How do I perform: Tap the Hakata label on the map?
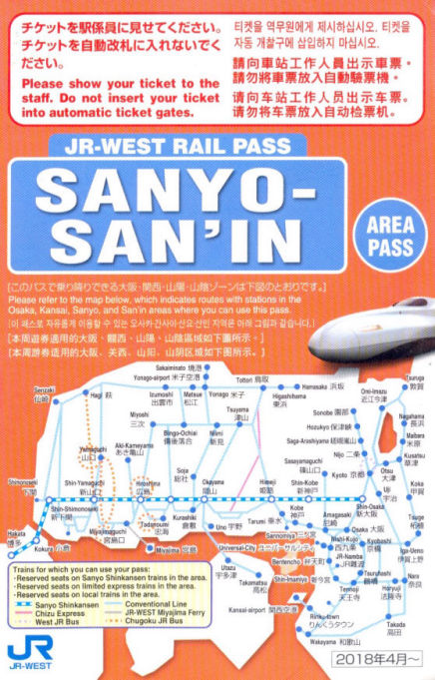click(x=16, y=538)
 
